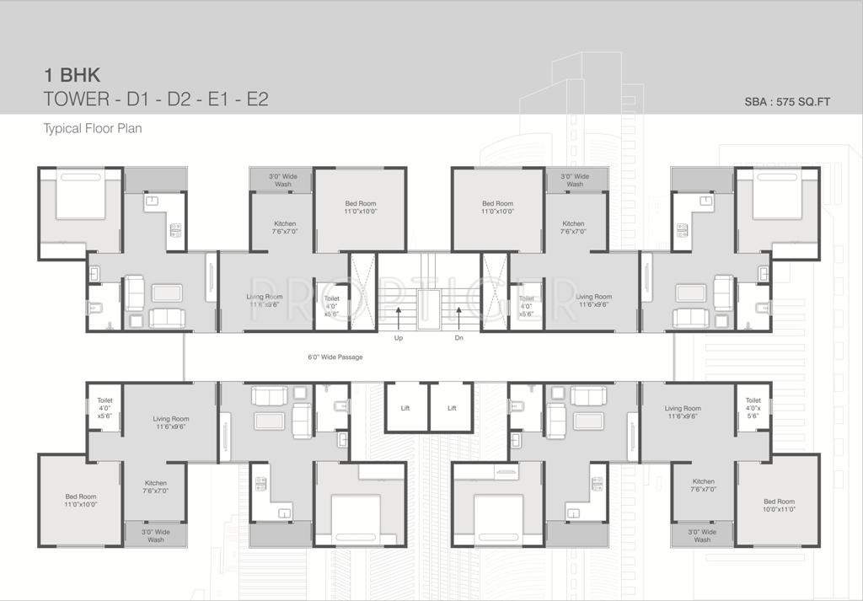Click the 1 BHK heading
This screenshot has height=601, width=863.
[x=72, y=74]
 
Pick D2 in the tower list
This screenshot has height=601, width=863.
[x=180, y=99]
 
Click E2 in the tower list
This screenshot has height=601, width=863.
[x=255, y=99]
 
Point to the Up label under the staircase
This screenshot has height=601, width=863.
[x=399, y=339]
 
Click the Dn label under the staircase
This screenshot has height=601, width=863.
[x=458, y=339]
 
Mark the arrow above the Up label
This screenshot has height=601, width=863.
[x=399, y=318]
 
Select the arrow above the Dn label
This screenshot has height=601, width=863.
[x=458, y=318]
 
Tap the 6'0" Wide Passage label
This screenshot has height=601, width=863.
[x=335, y=357]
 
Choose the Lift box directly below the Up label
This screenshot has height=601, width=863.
[x=405, y=408]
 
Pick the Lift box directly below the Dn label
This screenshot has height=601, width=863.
[x=452, y=408]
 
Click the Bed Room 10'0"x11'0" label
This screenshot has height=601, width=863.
[x=779, y=505]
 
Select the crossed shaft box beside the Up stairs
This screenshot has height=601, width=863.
[x=363, y=291]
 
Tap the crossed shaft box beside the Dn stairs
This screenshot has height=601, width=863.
[x=494, y=291]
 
